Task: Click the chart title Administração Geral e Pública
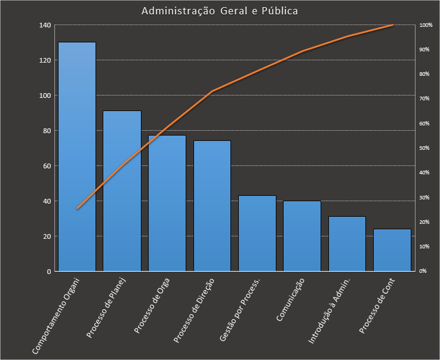pos(220,11)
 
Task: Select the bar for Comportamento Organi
pos(76,156)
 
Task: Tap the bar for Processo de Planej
pos(122,191)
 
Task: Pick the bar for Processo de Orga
pos(167,203)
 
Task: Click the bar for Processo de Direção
pos(212,206)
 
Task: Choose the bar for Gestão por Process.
pos(257,233)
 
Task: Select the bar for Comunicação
pos(302,236)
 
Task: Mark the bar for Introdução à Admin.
pos(347,244)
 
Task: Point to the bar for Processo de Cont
pos(392,250)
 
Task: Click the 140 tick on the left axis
pos(45,25)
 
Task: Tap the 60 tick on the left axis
pos(47,166)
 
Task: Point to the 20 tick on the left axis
pos(47,236)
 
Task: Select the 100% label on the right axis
pos(426,25)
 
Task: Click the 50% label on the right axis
pos(424,148)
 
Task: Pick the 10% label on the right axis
pos(424,247)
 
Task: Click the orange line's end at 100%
pos(392,25)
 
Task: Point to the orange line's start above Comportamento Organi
pos(77,208)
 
